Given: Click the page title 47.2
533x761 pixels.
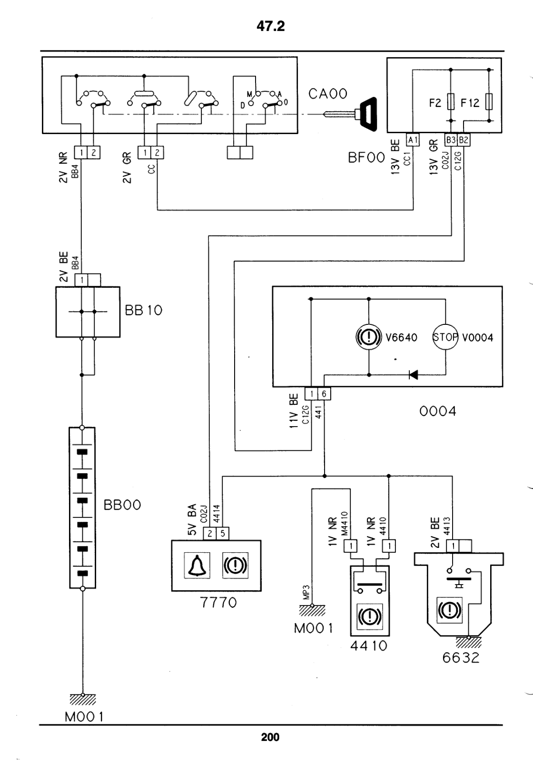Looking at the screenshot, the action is pos(271,26).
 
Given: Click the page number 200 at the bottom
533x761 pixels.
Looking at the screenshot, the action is pos(270,737).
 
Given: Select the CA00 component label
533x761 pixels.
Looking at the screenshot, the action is pos(328,94).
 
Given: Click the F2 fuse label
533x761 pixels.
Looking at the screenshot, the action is pos(435,103).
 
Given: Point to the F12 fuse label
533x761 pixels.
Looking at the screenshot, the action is pos(470,103).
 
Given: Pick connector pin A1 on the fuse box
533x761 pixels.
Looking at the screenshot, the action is pos(413,140).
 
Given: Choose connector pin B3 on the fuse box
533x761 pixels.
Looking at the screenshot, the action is pos(451,140).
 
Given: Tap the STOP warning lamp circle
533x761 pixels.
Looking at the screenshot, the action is pos(445,337).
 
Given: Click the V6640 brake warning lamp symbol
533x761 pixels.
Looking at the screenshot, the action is pos(369,337).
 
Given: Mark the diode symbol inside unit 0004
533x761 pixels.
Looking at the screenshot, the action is pos(413,375).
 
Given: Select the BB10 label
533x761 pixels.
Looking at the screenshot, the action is pos(143,310).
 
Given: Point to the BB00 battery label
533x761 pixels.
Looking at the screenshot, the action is pos(122,505).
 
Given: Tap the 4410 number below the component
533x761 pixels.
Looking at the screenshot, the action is pos(369,646).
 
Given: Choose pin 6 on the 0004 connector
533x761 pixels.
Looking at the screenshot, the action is pos(324,394).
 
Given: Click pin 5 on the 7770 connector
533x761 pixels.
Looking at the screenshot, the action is pos(223,533).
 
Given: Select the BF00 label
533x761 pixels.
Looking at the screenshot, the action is pos(366,157).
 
